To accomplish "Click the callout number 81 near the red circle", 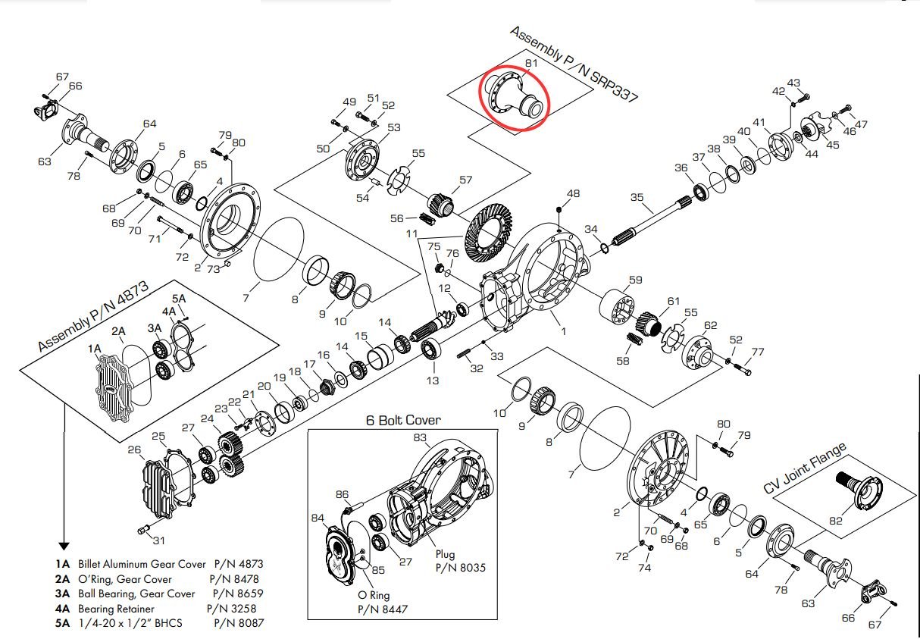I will coord(531,64).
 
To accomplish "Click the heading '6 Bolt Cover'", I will coord(403,420).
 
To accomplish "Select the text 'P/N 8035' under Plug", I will coord(461,567).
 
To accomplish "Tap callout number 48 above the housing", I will coord(573,194).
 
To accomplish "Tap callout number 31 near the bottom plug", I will coord(158,540).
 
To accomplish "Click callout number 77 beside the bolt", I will coord(757,352).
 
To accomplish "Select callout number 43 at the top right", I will coord(793,83).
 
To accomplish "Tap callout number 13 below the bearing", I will coord(432,380).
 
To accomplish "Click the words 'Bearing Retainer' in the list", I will coord(116,609).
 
